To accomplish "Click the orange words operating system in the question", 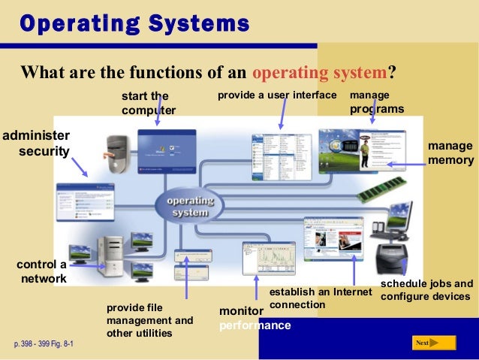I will pos(319,73).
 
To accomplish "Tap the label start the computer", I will pos(148,104).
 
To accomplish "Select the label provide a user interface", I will pos(277,96).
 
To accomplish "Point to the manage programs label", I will pos(376,103).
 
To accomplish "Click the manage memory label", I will pos(450,153).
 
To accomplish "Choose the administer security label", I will pos(36,143).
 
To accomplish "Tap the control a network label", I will pos(41,272).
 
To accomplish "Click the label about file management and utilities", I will pos(149,320).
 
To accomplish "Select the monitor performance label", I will pos(254,318).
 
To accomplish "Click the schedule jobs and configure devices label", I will pos(426,290).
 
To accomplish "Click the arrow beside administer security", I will pos(78,166).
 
